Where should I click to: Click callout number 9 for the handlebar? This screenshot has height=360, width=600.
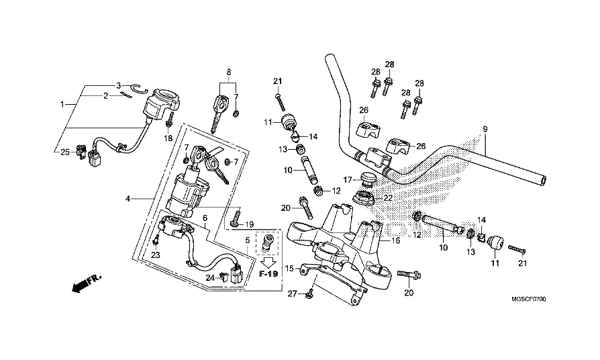(485, 128)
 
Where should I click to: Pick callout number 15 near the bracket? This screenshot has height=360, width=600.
(289, 269)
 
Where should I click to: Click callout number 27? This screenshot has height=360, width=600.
(292, 294)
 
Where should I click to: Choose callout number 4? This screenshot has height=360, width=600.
(126, 199)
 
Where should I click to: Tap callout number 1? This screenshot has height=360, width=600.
(62, 105)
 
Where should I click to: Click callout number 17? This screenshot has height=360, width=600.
(348, 179)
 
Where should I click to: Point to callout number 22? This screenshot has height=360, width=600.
(388, 197)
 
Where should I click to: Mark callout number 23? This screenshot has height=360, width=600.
(155, 255)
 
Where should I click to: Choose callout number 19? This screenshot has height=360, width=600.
(248, 224)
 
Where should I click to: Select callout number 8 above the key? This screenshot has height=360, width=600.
(228, 72)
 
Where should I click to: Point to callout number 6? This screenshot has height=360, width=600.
(205, 218)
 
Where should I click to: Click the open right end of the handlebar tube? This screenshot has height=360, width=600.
(542, 181)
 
